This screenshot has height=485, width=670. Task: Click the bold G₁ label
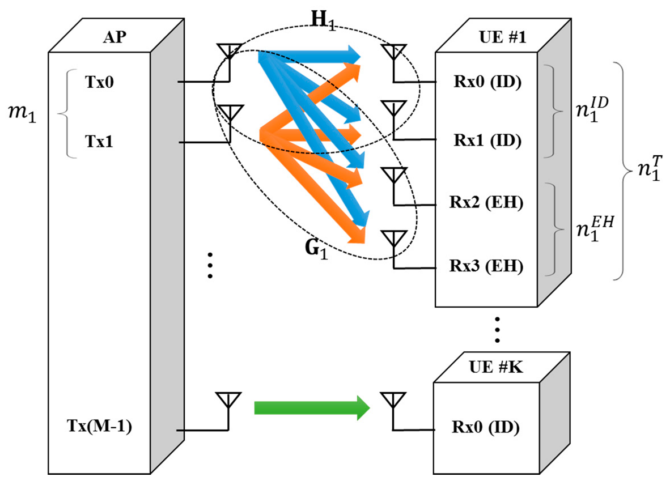click(310, 249)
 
